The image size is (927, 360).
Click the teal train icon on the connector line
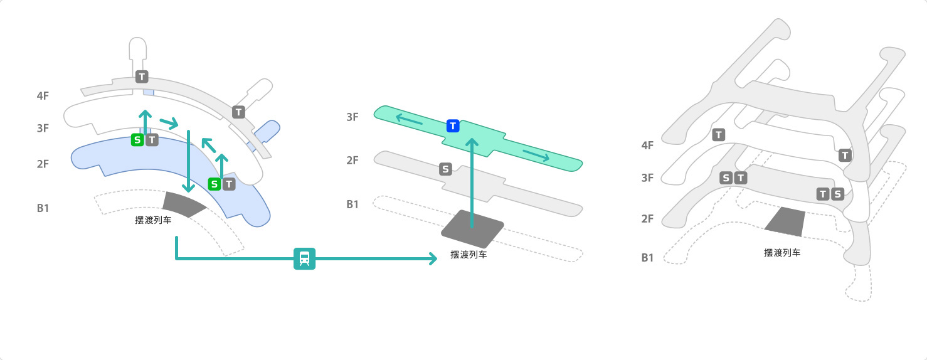pyautogui.click(x=304, y=258)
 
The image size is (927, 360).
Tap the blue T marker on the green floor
pyautogui.click(x=453, y=126)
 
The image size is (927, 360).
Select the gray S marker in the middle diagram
pyautogui.click(x=445, y=169)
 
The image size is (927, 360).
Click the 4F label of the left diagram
pyautogui.click(x=43, y=96)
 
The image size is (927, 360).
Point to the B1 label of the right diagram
pyautogui.click(x=647, y=258)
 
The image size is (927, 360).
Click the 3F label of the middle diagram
pyautogui.click(x=352, y=117)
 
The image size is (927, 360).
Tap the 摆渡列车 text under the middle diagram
pyautogui.click(x=469, y=255)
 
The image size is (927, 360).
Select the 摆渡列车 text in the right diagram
pyautogui.click(x=781, y=253)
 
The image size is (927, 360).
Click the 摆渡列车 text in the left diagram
pyautogui.click(x=153, y=220)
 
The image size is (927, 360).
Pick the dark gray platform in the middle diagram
pyautogui.click(x=472, y=228)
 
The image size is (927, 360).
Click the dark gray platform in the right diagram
pyautogui.click(x=786, y=223)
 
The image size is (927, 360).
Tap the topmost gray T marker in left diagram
pyautogui.click(x=142, y=77)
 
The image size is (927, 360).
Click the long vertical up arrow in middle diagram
pyautogui.click(x=472, y=182)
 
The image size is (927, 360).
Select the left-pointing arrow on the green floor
pyautogui.click(x=408, y=119)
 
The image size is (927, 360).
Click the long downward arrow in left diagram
pyautogui.click(x=188, y=161)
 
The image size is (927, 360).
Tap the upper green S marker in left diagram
pyautogui.click(x=137, y=140)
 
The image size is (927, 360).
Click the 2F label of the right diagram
pyautogui.click(x=647, y=219)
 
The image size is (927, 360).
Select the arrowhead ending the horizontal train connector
pyautogui.click(x=432, y=258)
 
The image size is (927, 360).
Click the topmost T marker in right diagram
pyautogui.click(x=719, y=134)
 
